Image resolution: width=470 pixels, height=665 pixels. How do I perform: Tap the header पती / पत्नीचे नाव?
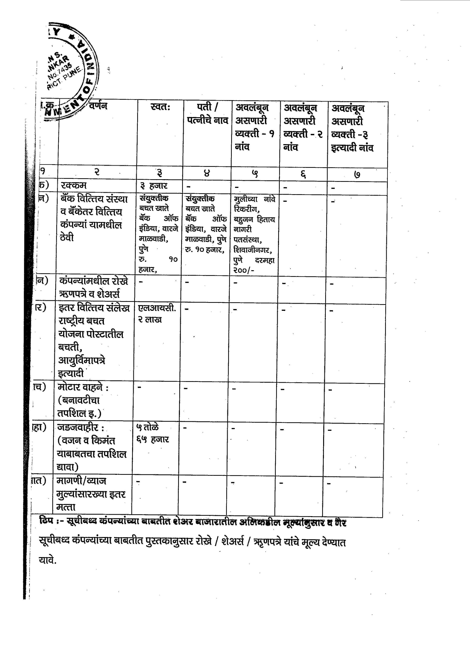pos(207,114)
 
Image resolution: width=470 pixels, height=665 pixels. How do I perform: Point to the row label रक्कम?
pos(74,185)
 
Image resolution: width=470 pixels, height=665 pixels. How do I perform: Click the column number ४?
pos(207,174)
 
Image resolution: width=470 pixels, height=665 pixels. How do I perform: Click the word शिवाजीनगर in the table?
pos(252,250)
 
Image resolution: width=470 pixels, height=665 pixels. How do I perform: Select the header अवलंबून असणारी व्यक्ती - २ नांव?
pos(303,127)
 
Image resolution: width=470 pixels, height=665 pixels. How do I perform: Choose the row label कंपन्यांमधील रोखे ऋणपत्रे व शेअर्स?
pos(93,288)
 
